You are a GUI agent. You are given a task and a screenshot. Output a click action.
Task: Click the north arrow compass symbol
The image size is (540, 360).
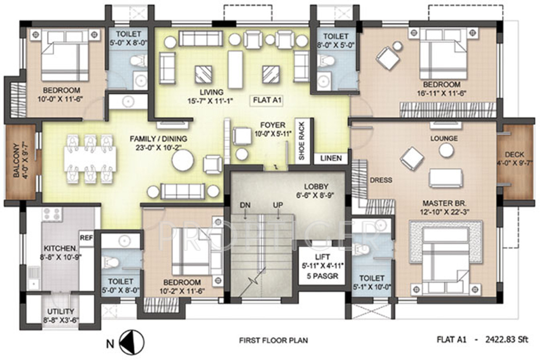pos(132,343)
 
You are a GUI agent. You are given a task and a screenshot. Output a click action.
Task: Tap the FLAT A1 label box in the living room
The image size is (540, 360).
pos(268,101)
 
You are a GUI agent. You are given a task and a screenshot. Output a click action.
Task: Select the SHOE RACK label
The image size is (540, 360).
pos(302,140)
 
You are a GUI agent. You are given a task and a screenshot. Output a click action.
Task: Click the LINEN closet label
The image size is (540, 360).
pos(331,158)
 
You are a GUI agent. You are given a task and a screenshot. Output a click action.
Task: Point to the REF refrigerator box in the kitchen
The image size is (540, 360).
pos(86,238)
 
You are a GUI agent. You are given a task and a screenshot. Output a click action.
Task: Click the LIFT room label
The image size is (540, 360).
pos(323,257)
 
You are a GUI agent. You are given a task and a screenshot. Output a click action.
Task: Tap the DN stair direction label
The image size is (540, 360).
pos(245,205)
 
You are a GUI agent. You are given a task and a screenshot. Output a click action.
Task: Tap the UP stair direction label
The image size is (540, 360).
pos(278,205)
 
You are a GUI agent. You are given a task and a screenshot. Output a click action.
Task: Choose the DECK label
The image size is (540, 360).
pos(514,155)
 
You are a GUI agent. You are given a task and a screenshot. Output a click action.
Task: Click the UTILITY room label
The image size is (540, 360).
pos(60,311)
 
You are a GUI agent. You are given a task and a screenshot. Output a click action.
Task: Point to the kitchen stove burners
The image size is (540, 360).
pos(52,214)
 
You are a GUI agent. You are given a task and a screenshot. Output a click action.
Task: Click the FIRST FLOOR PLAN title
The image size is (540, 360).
pos(273,340)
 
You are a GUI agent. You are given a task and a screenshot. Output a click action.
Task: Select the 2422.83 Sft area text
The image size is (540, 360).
pos(507,340)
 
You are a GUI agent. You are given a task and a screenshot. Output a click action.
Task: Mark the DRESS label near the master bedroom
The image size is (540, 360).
pos(381,180)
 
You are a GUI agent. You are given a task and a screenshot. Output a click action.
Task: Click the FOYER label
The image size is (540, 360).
pos(273,125)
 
